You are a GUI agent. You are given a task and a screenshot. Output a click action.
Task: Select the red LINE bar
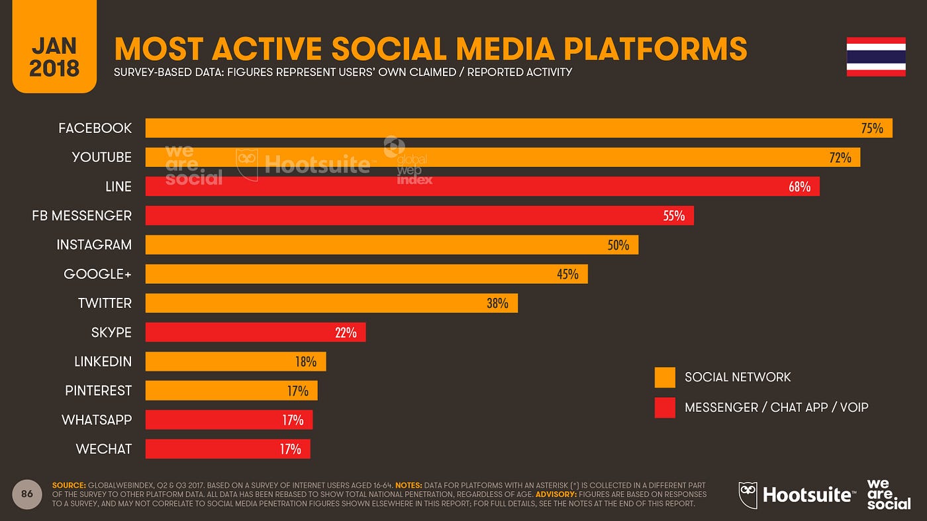[x=482, y=187]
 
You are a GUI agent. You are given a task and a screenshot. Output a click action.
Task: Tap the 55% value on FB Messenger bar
[x=673, y=216]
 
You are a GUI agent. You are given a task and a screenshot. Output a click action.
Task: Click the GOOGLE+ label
[x=97, y=274]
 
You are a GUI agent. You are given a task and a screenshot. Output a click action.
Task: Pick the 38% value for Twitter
[x=497, y=303]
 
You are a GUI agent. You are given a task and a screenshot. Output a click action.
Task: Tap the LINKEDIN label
[x=103, y=361]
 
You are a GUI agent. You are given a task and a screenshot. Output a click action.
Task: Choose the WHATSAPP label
[x=97, y=420]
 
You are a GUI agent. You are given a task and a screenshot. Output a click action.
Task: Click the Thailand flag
[x=876, y=57]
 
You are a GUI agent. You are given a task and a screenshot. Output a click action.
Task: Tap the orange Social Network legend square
[x=665, y=377]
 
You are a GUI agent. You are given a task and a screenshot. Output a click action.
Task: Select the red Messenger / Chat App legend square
[x=665, y=408]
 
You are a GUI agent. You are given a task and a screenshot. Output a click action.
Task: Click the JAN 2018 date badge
[x=54, y=46]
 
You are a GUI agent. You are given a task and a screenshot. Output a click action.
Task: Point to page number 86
[x=27, y=494]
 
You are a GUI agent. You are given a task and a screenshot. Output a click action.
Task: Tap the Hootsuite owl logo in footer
[x=749, y=495]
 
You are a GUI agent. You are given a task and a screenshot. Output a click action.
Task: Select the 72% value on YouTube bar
[x=840, y=158]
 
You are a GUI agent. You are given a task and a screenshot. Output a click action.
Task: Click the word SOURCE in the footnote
[x=69, y=486]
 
